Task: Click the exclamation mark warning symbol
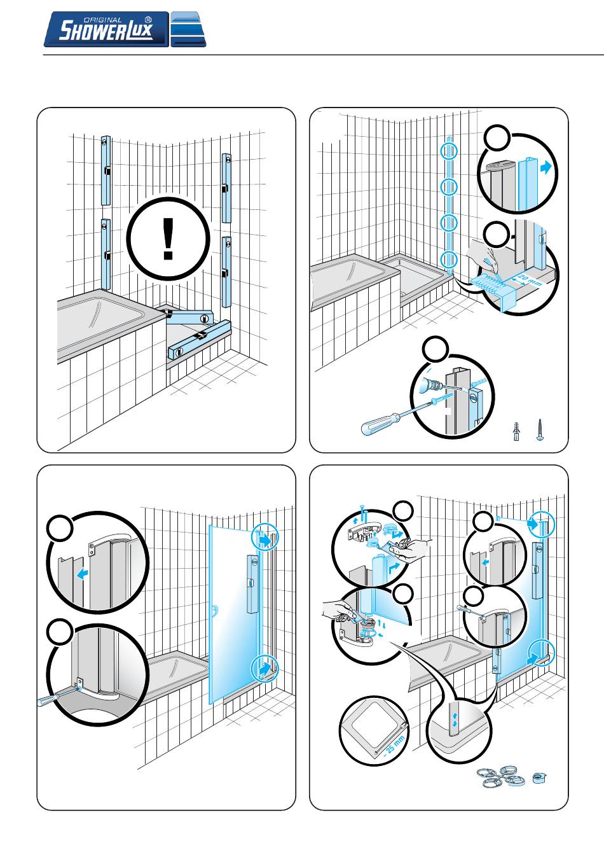pos(168,239)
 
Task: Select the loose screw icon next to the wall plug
pos(540,430)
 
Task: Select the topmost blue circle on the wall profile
pos(449,151)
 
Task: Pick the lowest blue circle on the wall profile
pos(449,260)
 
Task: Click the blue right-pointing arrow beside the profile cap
pos(546,167)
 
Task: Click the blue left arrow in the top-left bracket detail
pos(83,574)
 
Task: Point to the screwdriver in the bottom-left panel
pos(58,696)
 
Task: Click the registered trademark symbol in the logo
pos(148,20)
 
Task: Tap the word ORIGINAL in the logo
pos(102,20)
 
